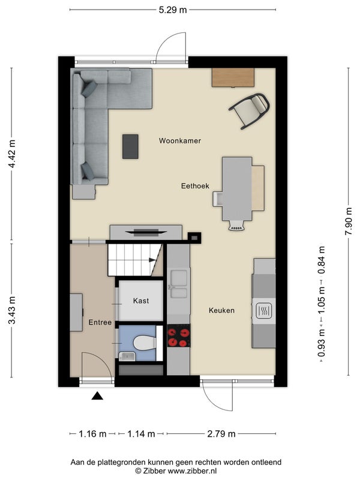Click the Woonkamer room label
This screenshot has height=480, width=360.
[x=179, y=141]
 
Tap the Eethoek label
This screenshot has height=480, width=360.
[x=195, y=186]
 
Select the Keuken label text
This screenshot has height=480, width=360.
[x=221, y=310]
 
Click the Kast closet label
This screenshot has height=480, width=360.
[x=141, y=301]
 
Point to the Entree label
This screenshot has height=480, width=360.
[x=100, y=322]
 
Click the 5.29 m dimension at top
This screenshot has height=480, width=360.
[x=173, y=10]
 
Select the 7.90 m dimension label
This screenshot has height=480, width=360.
[x=349, y=221]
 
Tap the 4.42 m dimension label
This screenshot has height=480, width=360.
[x=12, y=154]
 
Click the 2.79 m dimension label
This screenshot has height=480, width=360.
[x=221, y=434]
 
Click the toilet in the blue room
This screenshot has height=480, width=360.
[x=145, y=343]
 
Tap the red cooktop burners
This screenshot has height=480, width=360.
[x=178, y=337]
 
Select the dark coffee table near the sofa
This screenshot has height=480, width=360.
[x=130, y=146]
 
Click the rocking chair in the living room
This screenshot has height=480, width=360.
[x=250, y=110]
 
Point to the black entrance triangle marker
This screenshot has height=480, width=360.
[x=97, y=396]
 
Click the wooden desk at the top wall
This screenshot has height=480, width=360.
[x=233, y=77]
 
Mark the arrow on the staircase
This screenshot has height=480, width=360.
[x=152, y=260]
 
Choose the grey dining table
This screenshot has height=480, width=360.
[x=237, y=189]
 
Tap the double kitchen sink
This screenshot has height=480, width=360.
[x=179, y=284]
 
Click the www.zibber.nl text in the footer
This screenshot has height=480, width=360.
[x=192, y=471]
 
